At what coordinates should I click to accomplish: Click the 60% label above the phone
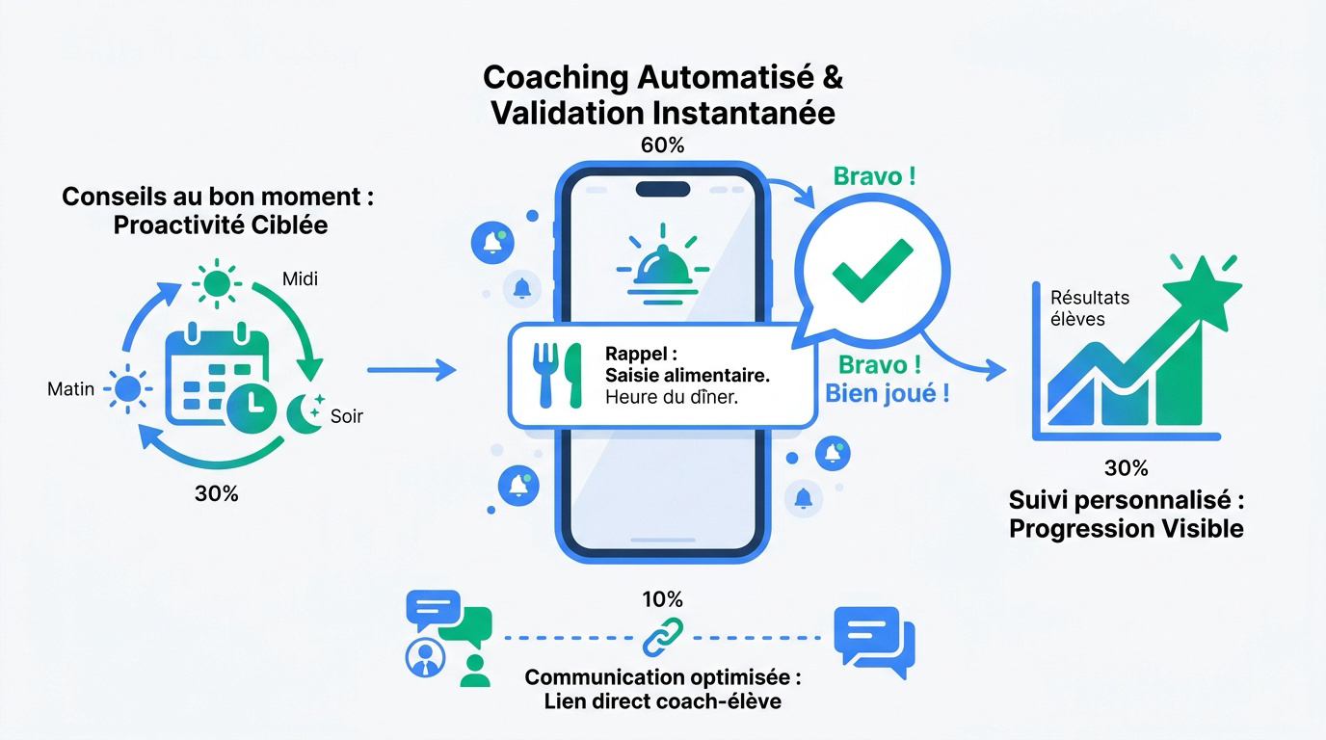point(662,145)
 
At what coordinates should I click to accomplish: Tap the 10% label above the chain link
point(662,599)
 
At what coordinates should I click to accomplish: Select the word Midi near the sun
point(300,278)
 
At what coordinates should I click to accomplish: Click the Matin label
point(71,389)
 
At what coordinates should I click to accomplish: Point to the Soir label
point(346,416)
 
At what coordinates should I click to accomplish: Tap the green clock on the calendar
point(252,408)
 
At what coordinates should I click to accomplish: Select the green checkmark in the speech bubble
point(873,271)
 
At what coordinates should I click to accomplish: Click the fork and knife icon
point(557,376)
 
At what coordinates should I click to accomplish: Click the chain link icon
point(663,638)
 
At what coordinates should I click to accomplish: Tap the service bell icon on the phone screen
point(662,265)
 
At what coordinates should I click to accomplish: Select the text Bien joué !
point(887,393)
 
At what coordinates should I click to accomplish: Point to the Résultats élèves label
point(1090,307)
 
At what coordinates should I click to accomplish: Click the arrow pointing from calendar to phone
point(411,370)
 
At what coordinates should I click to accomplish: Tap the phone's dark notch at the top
point(663,189)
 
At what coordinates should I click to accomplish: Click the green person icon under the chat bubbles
point(475,671)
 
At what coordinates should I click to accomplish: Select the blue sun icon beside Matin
point(128,389)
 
